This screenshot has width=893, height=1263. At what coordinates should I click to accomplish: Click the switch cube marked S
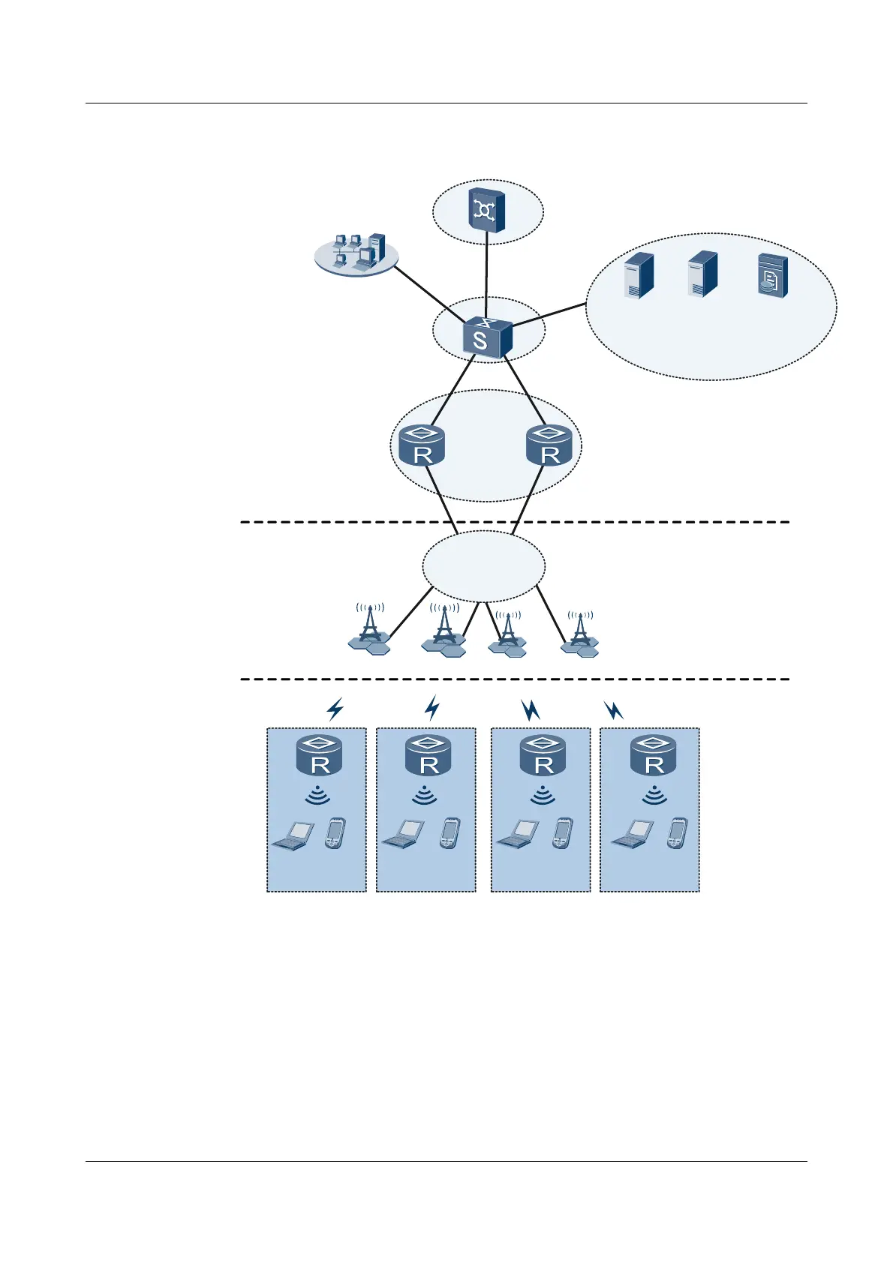pyautogui.click(x=487, y=339)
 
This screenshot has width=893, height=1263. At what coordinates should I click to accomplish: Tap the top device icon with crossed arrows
pyautogui.click(x=487, y=210)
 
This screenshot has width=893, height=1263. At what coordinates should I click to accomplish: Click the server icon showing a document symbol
pyautogui.click(x=773, y=276)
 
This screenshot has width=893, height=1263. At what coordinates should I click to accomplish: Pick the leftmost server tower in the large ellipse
pyautogui.click(x=639, y=275)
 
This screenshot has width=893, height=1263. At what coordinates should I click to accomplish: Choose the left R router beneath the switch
pyautogui.click(x=422, y=445)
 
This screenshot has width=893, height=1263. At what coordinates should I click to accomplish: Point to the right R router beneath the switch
pyautogui.click(x=549, y=445)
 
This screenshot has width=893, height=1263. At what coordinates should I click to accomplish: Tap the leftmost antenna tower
pyautogui.click(x=369, y=630)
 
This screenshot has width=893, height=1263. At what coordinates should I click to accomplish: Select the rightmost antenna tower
pyautogui.click(x=579, y=633)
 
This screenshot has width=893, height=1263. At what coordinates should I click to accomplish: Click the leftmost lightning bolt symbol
pyautogui.click(x=335, y=708)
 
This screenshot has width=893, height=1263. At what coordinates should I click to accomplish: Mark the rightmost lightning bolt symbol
pyautogui.click(x=614, y=709)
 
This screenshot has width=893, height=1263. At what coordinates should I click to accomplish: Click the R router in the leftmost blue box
pyautogui.click(x=320, y=755)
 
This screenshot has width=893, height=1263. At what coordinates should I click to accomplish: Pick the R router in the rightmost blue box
pyautogui.click(x=654, y=755)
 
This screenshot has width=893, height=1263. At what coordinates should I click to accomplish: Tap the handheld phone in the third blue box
pyautogui.click(x=562, y=833)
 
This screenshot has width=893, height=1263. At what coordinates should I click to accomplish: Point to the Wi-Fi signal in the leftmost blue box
pyautogui.click(x=318, y=795)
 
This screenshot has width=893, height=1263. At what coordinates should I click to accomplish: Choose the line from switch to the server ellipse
pyautogui.click(x=548, y=315)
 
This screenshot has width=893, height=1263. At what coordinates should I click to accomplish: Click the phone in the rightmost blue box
pyautogui.click(x=676, y=833)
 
